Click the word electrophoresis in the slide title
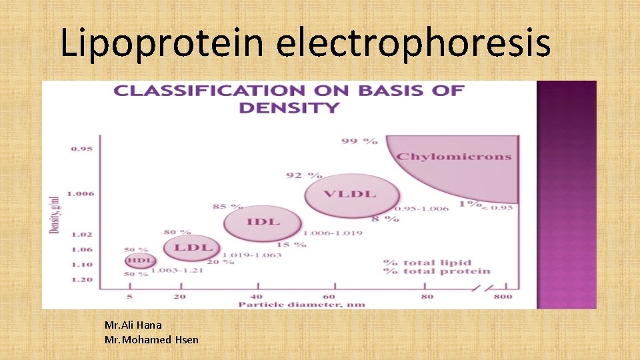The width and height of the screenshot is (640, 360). click(x=413, y=43)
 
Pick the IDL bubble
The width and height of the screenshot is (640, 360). click(x=263, y=222)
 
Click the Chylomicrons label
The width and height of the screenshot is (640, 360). click(x=453, y=157)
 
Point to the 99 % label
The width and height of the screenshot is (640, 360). click(x=359, y=141)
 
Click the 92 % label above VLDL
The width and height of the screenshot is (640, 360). click(x=303, y=175)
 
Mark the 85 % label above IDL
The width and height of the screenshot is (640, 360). click(x=227, y=207)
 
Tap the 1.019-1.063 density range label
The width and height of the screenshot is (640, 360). click(x=251, y=255)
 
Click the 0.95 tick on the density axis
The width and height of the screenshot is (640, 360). click(x=82, y=149)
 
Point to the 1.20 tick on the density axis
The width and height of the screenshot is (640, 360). click(x=82, y=279)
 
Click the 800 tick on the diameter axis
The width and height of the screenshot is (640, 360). click(x=504, y=296)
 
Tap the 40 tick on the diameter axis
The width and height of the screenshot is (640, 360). click(x=256, y=296)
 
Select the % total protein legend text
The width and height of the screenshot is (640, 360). click(x=436, y=271)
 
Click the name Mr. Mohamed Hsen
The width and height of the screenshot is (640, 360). click(x=151, y=340)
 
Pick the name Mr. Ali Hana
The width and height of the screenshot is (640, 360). click(x=133, y=325)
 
